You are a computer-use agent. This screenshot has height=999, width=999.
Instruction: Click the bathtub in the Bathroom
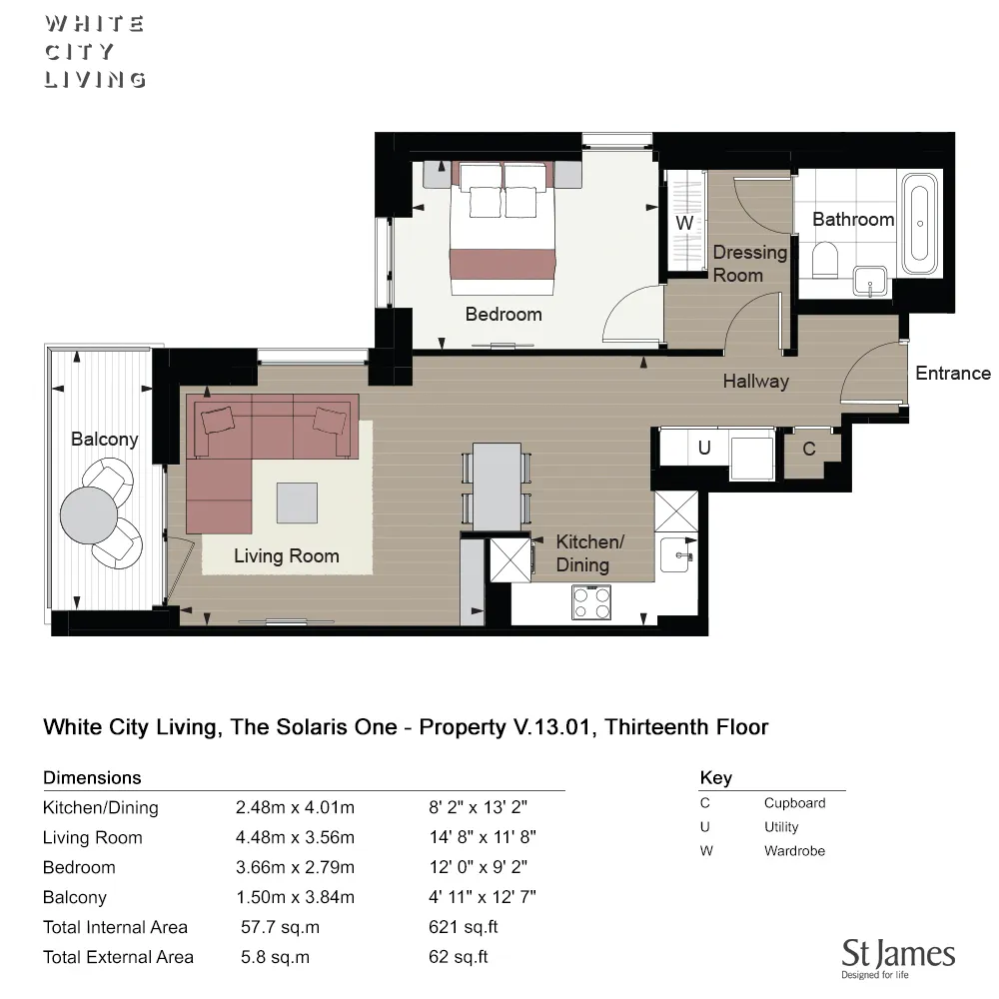(x=920, y=225)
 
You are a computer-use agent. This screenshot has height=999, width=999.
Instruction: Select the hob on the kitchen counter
(x=591, y=601)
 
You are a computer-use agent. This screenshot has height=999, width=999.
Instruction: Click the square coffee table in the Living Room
(x=297, y=501)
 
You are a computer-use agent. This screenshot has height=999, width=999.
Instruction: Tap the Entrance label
(x=952, y=373)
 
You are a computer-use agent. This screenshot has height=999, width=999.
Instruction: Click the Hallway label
(x=755, y=381)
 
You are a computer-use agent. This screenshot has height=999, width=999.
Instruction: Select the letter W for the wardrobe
(x=684, y=224)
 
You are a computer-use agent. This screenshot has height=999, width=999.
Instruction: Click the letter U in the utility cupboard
(x=704, y=449)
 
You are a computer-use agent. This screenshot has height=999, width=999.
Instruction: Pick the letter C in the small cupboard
(x=809, y=449)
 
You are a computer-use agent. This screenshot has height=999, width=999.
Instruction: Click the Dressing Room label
(x=748, y=264)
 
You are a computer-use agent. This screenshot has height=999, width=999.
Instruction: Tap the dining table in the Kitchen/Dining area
(x=497, y=487)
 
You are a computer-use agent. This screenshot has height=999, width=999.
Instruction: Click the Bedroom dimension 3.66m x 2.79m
(x=295, y=867)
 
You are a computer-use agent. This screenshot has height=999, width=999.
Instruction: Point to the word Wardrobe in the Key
(x=794, y=851)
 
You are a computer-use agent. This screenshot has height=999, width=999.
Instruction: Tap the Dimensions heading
(x=92, y=777)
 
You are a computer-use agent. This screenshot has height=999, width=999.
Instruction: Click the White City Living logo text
(x=95, y=51)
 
